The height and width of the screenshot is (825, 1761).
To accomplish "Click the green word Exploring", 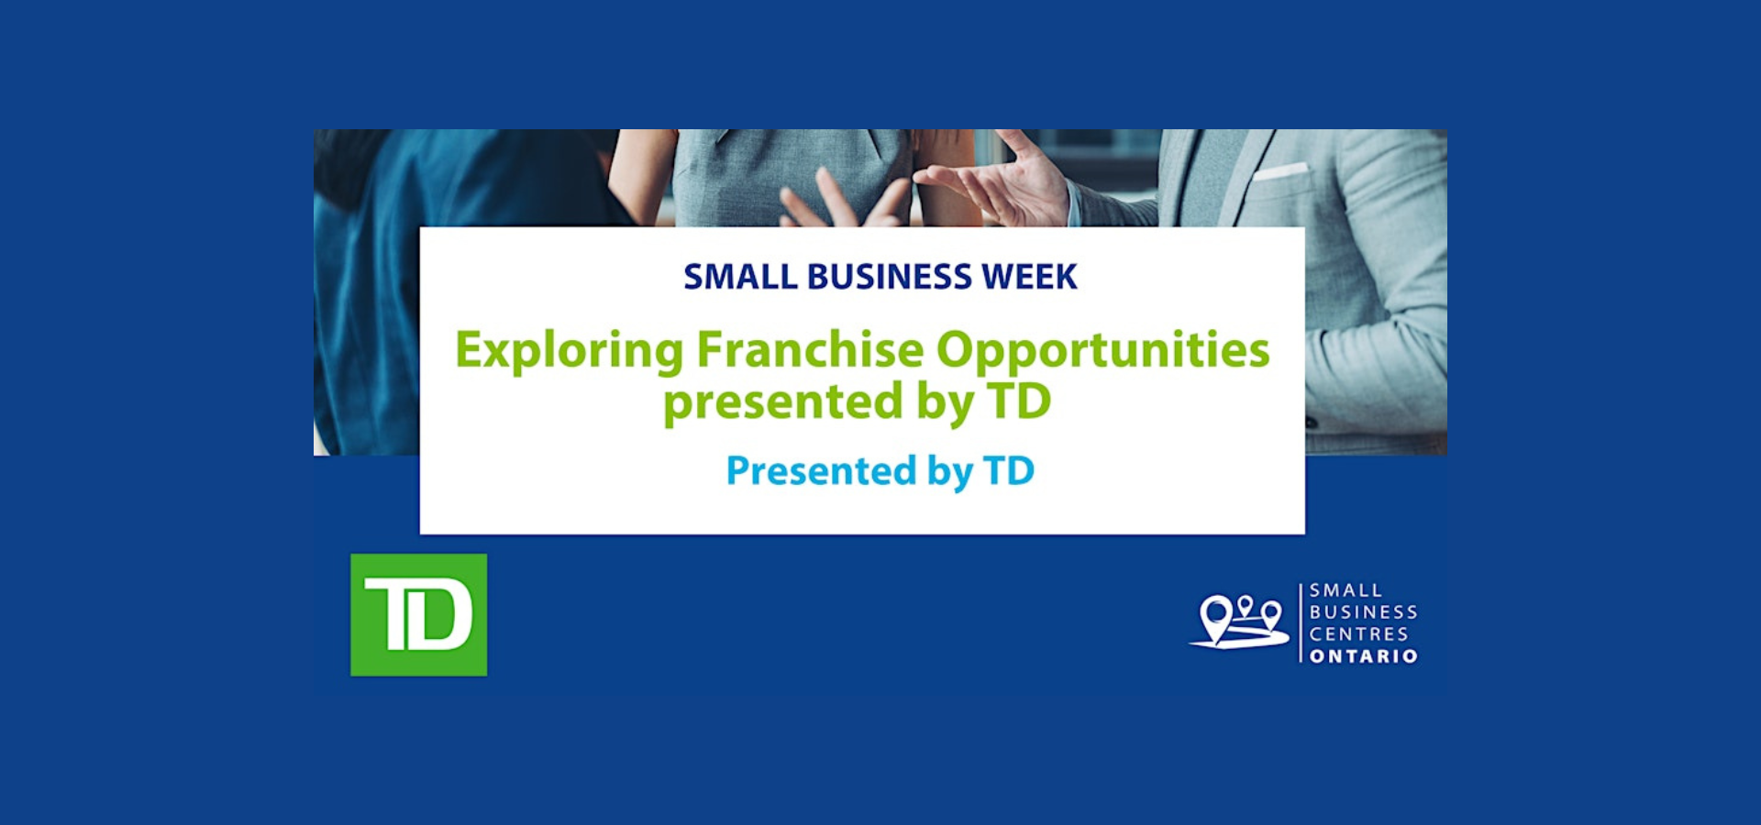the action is pyautogui.click(x=570, y=352).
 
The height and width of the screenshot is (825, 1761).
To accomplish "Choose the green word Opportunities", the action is pyautogui.click(x=1102, y=352).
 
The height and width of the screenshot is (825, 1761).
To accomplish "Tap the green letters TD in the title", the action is pyautogui.click(x=1019, y=401).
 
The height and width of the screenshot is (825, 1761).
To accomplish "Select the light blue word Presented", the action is pyautogui.click(x=821, y=471).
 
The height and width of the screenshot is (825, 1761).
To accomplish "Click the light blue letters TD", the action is pyautogui.click(x=1009, y=471).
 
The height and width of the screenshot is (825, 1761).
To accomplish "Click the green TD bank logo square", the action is pyautogui.click(x=419, y=615).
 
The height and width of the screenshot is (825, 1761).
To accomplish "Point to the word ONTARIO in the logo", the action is pyautogui.click(x=1364, y=656).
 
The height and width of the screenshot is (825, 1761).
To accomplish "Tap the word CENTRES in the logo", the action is pyautogui.click(x=1358, y=634).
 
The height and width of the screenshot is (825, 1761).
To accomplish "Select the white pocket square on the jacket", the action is pyautogui.click(x=1281, y=171).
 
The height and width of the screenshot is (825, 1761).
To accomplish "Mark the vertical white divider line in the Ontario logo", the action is pyautogui.click(x=1301, y=623).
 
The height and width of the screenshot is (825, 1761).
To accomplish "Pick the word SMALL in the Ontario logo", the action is pyautogui.click(x=1346, y=590).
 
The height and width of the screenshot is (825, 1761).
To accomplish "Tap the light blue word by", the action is pyautogui.click(x=950, y=473).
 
